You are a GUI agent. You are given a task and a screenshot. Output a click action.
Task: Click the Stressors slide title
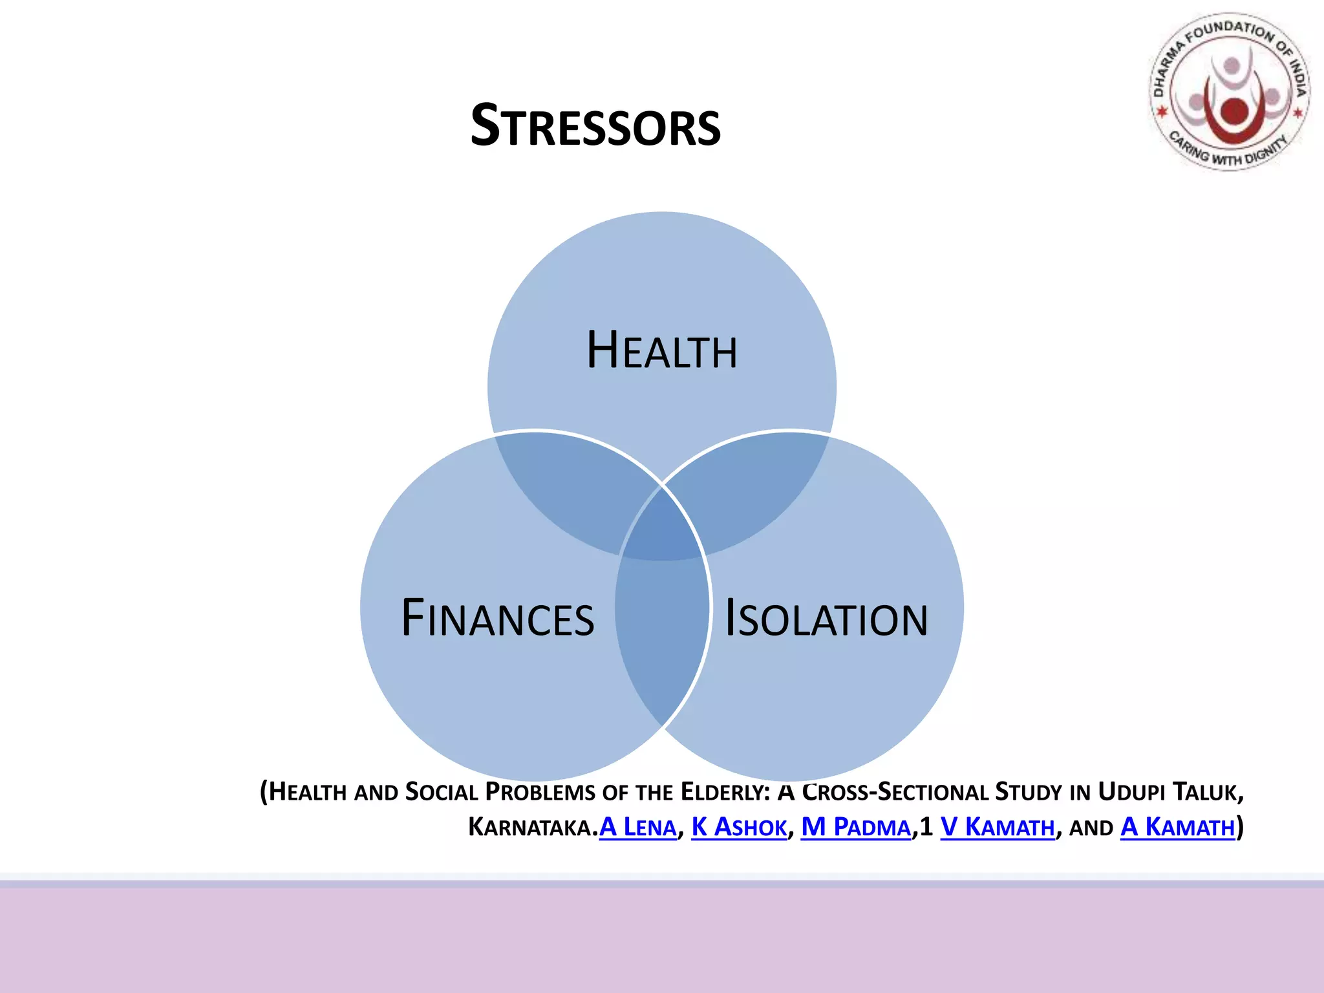coord(595,126)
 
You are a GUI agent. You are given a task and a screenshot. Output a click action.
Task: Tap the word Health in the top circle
coord(661,351)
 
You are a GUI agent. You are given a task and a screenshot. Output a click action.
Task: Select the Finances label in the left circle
coord(497,619)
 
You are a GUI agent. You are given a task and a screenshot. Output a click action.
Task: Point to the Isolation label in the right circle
coord(826,619)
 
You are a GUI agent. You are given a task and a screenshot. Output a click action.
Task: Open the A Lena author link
coord(637,827)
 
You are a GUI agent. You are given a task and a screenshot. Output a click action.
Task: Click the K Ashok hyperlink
coord(739,827)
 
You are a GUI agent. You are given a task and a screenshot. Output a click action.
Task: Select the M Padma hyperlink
coord(855,827)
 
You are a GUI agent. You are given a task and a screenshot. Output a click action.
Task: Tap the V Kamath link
coord(997,827)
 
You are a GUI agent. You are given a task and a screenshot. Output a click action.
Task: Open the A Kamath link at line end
coord(1177,827)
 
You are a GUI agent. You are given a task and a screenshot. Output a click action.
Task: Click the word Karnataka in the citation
coord(529,827)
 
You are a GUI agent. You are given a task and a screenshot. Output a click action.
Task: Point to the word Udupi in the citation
coord(1131,792)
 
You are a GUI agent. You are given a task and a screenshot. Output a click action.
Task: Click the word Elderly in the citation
coord(724,792)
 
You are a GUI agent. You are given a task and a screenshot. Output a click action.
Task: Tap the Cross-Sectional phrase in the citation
coord(895,792)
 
